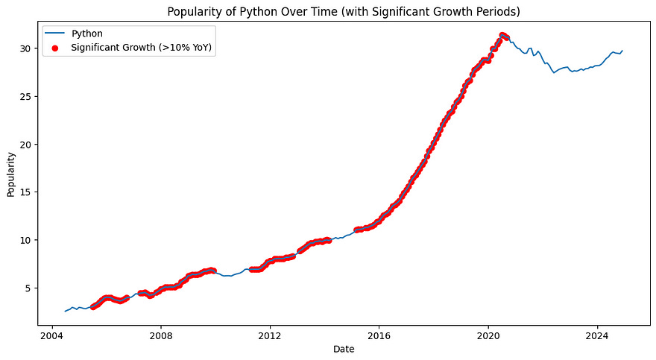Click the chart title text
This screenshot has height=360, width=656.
343,11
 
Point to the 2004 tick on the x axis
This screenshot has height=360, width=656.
51,335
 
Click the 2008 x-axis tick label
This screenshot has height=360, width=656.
161,335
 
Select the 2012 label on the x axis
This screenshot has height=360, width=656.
270,335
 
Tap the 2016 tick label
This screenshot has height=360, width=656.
379,335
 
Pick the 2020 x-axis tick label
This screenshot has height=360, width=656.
488,335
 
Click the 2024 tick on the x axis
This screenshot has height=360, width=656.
598,335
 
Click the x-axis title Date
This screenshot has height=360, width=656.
344,349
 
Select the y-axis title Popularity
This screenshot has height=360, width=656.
11,174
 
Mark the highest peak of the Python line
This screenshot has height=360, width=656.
502,34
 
